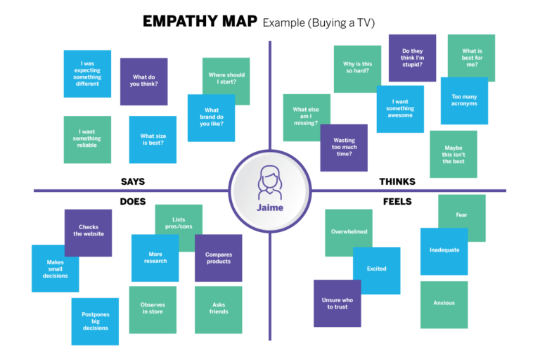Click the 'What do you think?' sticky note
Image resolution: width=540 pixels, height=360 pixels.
click(x=143, y=81)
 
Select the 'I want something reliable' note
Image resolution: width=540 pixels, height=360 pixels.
click(x=87, y=139)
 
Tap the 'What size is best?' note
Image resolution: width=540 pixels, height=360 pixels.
click(x=153, y=140)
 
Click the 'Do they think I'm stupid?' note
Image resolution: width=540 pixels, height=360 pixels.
click(x=412, y=58)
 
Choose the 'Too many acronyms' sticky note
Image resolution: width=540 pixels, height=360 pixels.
click(x=464, y=101)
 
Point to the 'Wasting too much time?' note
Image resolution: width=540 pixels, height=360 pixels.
click(x=344, y=148)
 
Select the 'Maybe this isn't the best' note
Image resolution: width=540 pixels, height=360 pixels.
click(x=454, y=154)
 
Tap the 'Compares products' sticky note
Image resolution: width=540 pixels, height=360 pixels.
click(x=219, y=258)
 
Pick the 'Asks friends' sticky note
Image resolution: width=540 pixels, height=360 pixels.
click(x=219, y=309)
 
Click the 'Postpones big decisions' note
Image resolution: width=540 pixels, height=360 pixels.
click(x=95, y=321)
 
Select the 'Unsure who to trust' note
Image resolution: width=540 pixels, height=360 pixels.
click(x=337, y=303)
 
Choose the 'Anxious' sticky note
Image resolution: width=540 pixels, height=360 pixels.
click(x=444, y=304)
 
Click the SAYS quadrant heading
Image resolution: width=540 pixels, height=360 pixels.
click(x=133, y=181)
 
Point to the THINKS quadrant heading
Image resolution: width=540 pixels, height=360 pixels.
click(x=397, y=181)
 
